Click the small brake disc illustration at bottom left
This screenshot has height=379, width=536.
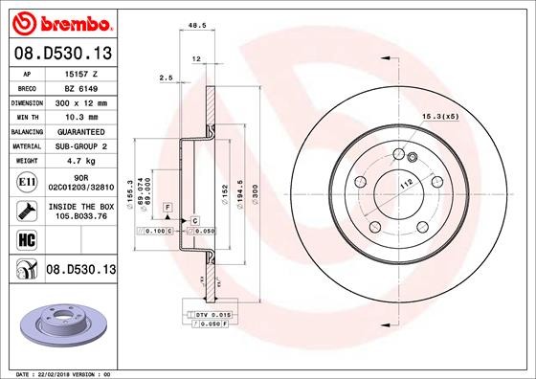[x=59, y=324]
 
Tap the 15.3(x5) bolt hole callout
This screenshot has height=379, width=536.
[x=435, y=116]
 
